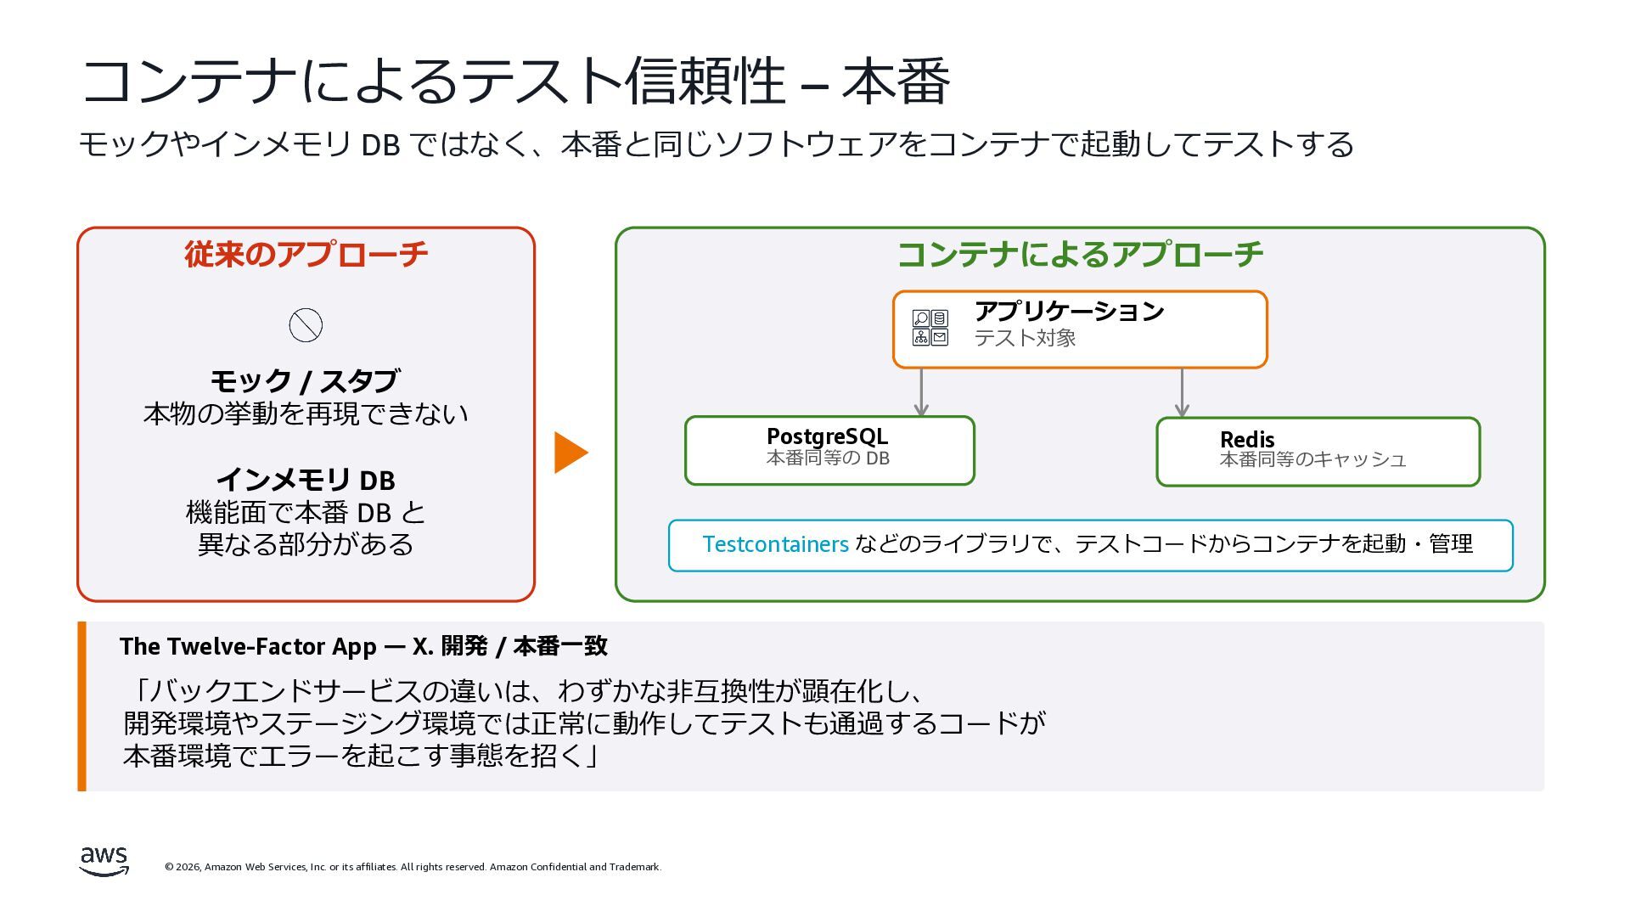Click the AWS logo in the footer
coord(104,861)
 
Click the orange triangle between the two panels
coord(570,453)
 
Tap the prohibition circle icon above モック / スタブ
coord(306,325)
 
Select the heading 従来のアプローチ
coord(306,254)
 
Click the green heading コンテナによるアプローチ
coord(1080,254)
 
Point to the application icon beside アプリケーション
coord(930,328)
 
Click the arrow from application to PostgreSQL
coord(921,392)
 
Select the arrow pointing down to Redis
coord(1182,392)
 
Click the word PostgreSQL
coord(827,436)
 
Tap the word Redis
coord(1246,440)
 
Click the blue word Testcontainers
coord(775,544)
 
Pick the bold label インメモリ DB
coord(306,481)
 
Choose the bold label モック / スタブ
coord(306,381)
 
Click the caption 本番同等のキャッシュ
coord(1312,460)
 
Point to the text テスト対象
coord(1025,338)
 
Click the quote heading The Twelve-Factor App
coord(247,646)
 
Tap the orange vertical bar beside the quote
coord(82,706)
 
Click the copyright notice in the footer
coord(413,867)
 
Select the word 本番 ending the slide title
coord(896,82)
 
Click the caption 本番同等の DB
coord(828,458)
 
